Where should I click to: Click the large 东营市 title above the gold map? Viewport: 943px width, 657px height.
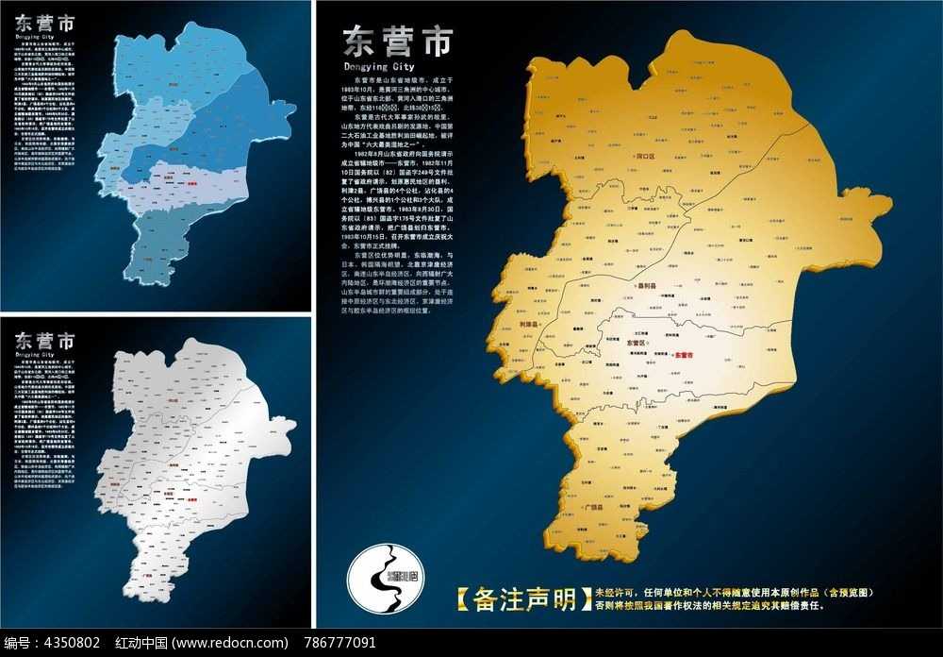pos(396,42)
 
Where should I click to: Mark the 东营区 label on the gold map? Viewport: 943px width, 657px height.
pos(638,342)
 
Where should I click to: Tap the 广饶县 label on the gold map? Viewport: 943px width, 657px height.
pos(594,507)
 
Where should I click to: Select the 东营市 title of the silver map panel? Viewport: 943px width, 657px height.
pos(46,341)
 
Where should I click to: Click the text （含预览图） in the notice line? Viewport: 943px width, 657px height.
pos(843,592)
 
